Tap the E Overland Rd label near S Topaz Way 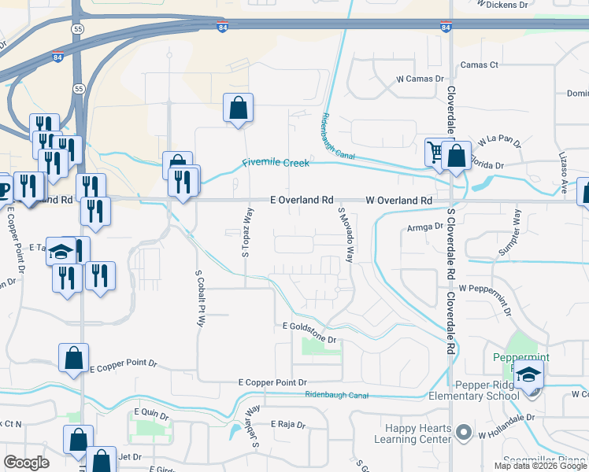tap(302, 201)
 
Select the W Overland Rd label tap(399, 201)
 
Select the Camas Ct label tap(480, 65)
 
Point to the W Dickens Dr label tap(502, 4)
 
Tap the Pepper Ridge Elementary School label tap(487, 390)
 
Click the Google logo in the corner tap(27, 463)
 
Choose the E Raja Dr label tap(287, 424)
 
